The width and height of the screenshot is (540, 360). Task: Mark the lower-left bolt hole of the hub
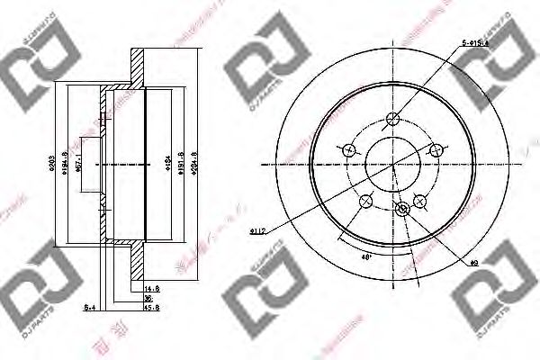click(365, 201)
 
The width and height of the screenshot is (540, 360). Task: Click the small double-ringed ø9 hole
click(402, 209)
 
